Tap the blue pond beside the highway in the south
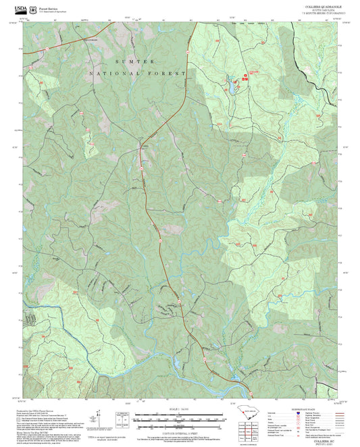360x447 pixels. [x=178, y=365]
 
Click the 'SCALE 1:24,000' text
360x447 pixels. [x=180, y=409]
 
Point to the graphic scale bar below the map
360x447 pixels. [x=180, y=415]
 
